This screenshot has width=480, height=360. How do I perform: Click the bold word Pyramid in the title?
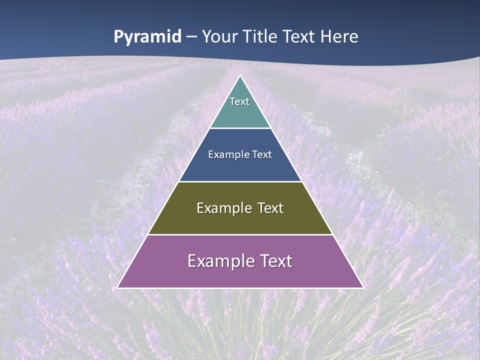[x=147, y=37]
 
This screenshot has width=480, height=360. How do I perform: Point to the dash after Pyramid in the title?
[x=191, y=37]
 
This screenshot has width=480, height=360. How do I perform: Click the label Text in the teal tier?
[x=239, y=101]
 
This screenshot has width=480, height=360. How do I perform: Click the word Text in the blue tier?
[x=262, y=154]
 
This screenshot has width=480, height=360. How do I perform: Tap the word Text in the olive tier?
[x=270, y=208]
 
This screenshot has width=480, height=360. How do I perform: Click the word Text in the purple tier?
[x=276, y=261]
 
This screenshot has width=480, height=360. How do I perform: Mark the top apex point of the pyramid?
[x=240, y=76]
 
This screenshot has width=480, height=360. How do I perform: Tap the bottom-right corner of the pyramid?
[x=362, y=287]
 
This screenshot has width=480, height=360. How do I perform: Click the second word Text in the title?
[x=300, y=37]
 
